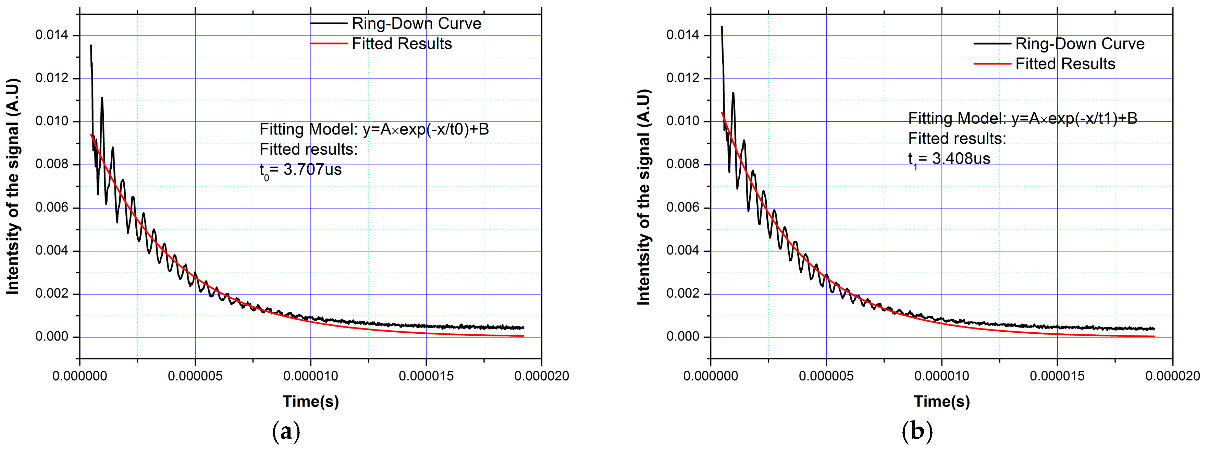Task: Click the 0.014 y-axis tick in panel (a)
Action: [52, 35]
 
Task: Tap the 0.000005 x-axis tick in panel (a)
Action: [195, 376]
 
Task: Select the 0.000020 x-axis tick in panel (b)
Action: [1172, 376]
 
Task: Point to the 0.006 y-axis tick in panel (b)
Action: [683, 207]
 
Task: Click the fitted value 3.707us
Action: [312, 169]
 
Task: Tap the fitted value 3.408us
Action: [961, 159]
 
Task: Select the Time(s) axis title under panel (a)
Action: [310, 401]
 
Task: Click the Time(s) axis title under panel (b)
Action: [942, 401]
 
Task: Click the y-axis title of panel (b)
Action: [644, 197]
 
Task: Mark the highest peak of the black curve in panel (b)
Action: [722, 27]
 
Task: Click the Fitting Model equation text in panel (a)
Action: [374, 129]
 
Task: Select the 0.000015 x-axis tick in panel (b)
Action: [1057, 376]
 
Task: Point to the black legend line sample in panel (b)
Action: [992, 44]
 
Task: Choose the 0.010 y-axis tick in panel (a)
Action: [52, 121]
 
